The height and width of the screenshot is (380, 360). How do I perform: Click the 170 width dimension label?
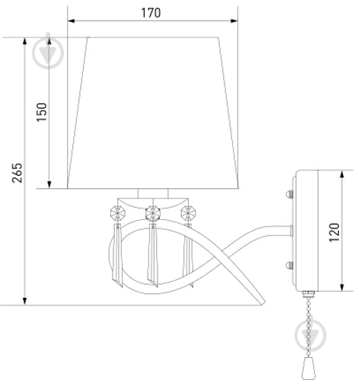coord(151,13)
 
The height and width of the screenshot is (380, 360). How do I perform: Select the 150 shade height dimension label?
coord(42,112)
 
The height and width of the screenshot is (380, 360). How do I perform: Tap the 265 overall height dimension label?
coord(18,173)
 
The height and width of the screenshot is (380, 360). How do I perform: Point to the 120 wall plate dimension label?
coord(334,232)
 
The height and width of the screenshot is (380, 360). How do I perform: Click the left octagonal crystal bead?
coord(118,213)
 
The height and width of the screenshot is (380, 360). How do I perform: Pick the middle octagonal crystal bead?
coord(153,213)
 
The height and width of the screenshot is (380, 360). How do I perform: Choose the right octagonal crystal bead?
coord(189,213)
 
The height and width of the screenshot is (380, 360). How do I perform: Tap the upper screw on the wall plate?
coord(289,194)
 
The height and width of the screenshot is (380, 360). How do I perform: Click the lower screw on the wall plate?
coord(289,266)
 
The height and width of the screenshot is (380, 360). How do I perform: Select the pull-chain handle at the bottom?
coord(309,369)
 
